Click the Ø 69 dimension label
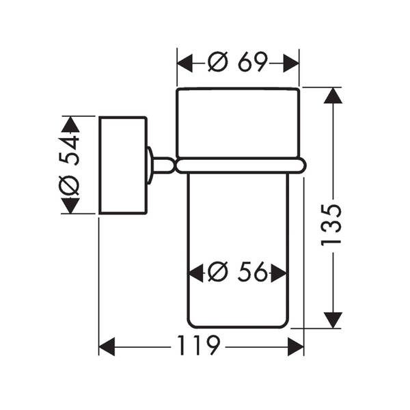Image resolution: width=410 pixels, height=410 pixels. [238, 61]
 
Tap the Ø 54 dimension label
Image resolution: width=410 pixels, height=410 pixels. [69, 165]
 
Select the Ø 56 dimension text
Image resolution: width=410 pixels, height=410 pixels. [238, 272]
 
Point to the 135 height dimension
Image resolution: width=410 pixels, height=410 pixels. [331, 225]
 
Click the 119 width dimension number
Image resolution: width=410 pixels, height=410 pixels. [198, 345]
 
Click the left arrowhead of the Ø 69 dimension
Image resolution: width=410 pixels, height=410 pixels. [185, 64]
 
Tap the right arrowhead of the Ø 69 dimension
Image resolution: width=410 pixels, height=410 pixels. [291, 64]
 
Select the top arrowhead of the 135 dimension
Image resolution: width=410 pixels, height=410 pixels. [333, 96]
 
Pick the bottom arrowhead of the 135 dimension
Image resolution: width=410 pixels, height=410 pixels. [333, 320]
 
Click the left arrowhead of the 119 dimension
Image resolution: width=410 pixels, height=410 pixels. [107, 346]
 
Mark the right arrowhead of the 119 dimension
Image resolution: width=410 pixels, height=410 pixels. [296, 346]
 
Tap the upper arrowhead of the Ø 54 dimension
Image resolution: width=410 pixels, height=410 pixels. [70, 124]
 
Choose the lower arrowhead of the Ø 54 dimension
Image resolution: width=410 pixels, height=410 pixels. [70, 206]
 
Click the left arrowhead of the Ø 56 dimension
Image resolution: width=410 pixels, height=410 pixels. [195, 273]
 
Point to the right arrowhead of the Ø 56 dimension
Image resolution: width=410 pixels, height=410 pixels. [279, 273]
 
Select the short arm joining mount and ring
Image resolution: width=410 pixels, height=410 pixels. [163, 165]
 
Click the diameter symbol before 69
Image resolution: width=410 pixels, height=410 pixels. [218, 62]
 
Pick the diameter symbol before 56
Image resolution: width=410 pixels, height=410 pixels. [218, 272]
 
